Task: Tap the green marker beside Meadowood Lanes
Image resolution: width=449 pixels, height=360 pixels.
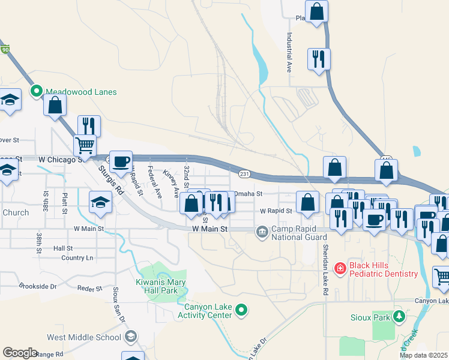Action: [36, 92]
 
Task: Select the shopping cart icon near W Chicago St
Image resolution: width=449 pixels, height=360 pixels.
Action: [85, 145]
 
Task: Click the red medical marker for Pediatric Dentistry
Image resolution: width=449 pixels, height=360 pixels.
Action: [339, 266]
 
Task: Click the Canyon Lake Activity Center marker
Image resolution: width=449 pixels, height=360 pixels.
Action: [241, 310]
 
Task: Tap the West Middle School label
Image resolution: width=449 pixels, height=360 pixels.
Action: [84, 337]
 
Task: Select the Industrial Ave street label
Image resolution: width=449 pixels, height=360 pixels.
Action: [289, 52]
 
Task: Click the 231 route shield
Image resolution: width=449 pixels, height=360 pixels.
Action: [244, 174]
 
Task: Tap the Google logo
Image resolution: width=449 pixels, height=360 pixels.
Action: [20, 353]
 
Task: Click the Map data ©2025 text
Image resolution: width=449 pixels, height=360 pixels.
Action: [423, 355]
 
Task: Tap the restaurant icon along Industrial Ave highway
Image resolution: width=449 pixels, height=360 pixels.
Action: [318, 59]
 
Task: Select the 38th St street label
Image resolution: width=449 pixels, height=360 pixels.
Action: [46, 197]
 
